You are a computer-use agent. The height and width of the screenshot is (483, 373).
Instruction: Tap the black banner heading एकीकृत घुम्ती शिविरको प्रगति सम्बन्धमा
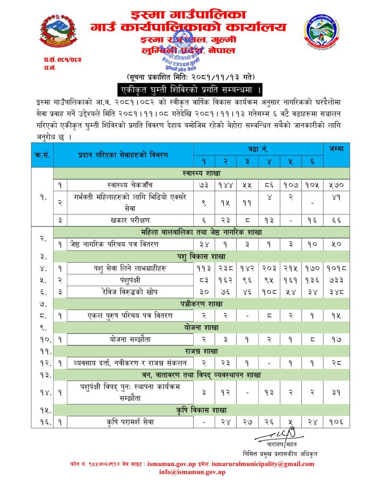192,88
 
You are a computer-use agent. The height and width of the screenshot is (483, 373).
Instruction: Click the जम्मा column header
335,149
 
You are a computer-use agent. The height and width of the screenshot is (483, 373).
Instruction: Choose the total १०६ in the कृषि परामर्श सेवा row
335,422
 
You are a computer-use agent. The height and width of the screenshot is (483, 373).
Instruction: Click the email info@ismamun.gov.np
185,471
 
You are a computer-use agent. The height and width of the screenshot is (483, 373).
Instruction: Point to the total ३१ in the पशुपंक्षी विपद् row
335,392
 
